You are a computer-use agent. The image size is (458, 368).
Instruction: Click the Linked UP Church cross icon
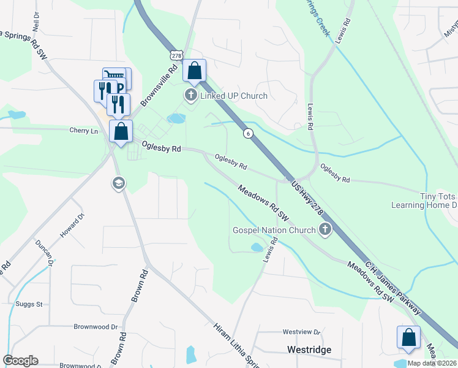click(x=191, y=95)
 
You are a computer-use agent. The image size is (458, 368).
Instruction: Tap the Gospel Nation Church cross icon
click(x=325, y=230)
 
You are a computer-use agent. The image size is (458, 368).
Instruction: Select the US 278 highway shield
click(x=176, y=55)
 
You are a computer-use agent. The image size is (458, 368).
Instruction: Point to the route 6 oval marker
click(x=247, y=132)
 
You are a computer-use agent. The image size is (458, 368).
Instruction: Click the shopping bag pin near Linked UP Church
click(x=195, y=71)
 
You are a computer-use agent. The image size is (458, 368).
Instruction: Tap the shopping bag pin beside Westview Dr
click(x=408, y=337)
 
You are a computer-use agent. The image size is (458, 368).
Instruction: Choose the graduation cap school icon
click(x=118, y=183)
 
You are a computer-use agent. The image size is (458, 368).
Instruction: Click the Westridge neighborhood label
click(x=309, y=350)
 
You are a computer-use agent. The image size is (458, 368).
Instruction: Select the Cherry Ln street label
click(x=84, y=131)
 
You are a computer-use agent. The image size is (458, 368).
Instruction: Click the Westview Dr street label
click(x=301, y=332)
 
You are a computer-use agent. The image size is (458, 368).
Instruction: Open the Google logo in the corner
click(x=20, y=361)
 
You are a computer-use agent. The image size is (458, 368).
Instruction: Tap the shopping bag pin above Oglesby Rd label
click(x=121, y=131)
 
